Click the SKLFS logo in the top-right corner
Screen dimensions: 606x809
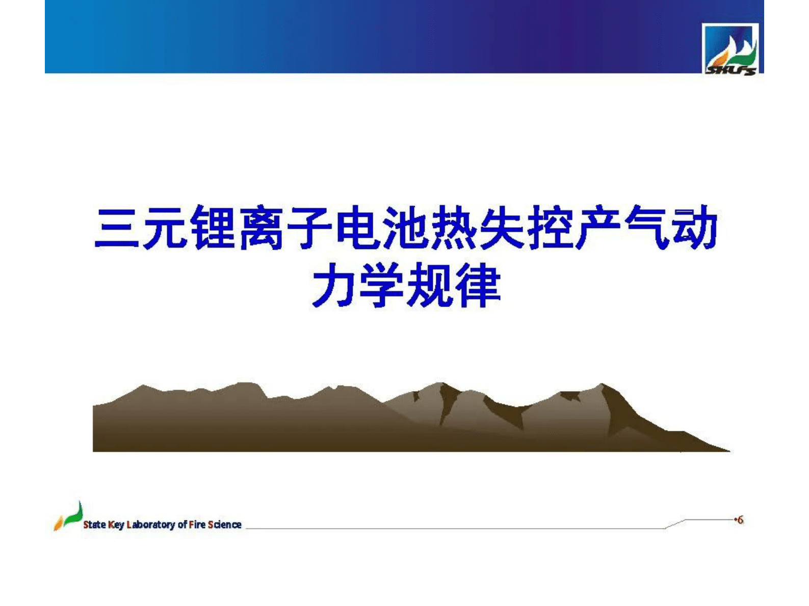coord(730,50)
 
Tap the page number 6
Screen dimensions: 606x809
coord(740,520)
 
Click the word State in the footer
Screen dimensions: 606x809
coord(94,525)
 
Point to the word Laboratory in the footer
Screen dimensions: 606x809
coord(150,525)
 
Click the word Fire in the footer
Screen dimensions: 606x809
coord(197,525)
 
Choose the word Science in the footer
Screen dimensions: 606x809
coord(225,525)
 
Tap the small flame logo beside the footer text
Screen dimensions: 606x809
coord(68,516)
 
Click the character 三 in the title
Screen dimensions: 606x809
coord(117,228)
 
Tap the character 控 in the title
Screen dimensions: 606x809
coord(551,228)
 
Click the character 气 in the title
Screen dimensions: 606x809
coord(647,228)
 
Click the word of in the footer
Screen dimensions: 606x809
coord(182,525)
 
